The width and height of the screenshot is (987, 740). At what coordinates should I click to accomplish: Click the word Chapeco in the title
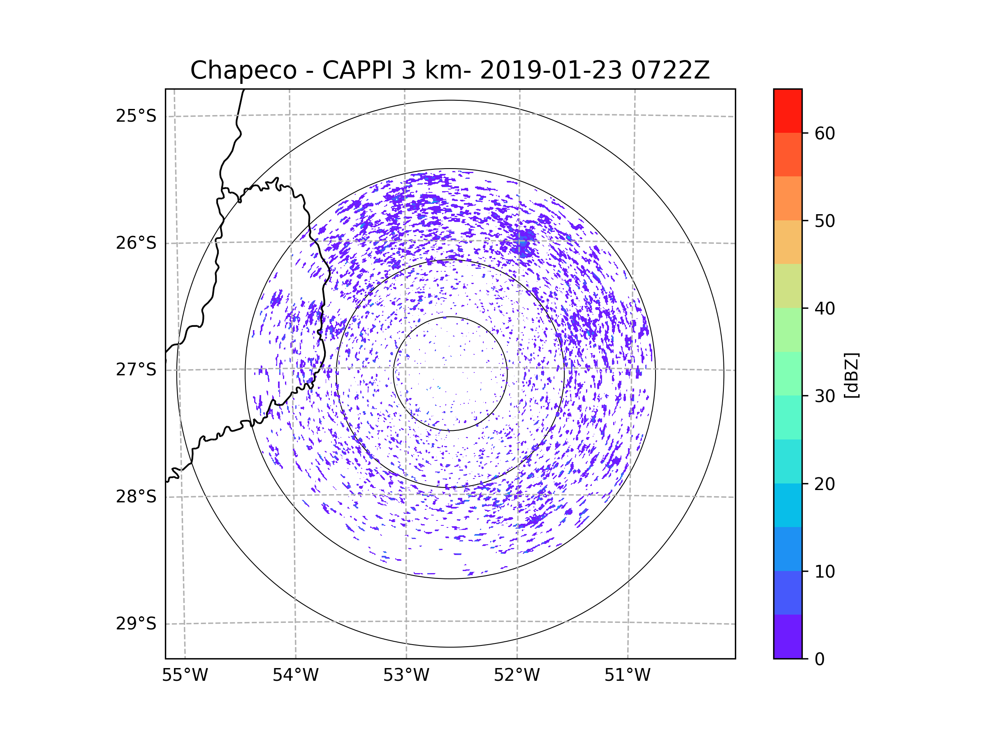tap(243, 70)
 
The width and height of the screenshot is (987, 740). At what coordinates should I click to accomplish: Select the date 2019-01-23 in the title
tap(551, 70)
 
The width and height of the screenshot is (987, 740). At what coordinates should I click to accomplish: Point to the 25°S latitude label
tap(136, 116)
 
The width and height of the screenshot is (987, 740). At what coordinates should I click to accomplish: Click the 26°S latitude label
tap(136, 243)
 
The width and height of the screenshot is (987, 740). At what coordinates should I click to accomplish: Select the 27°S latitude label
tap(136, 370)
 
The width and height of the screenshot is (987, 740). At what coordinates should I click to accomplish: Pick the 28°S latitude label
tap(136, 497)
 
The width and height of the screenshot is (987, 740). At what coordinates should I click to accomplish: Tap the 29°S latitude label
tap(136, 624)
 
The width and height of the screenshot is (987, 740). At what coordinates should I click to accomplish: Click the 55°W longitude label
tap(185, 675)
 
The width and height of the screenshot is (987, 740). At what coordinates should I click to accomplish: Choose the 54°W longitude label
tap(295, 675)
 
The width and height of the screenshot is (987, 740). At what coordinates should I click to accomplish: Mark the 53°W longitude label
tap(406, 675)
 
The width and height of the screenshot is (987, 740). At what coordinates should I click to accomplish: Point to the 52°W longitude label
tap(517, 675)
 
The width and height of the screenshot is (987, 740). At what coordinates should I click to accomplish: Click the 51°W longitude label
tap(627, 675)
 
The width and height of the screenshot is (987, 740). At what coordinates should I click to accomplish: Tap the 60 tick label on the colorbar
tap(825, 133)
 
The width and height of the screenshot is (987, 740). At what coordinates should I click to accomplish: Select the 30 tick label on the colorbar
tap(825, 396)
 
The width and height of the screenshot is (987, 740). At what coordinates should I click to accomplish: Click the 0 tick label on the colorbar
tap(820, 659)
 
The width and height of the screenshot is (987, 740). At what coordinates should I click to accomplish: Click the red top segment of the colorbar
tap(788, 111)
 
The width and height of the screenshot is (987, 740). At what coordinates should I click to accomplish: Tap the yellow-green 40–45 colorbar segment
tap(788, 286)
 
